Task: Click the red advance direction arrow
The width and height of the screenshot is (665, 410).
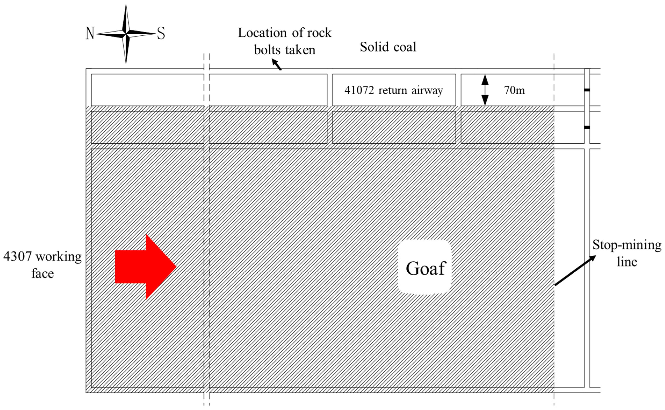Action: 143,267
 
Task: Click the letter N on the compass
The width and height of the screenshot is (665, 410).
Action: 90,33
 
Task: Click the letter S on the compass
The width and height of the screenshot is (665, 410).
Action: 161,34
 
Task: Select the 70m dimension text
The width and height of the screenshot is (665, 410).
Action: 514,90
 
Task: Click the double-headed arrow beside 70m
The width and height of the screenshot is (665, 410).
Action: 485,90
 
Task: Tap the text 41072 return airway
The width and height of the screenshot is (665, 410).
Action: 393,90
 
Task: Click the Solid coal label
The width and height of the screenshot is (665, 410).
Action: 388,47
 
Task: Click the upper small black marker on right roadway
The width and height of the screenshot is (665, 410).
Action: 587,90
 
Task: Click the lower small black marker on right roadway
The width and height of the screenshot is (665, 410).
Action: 587,127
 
